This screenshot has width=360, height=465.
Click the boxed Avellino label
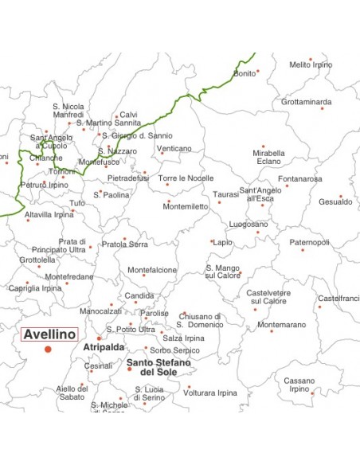pyautogui.click(x=49, y=334)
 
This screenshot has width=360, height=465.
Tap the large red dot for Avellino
pyautogui.click(x=48, y=350)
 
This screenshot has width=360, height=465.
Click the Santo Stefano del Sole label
pyautogui.click(x=158, y=367)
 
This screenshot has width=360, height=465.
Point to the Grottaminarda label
pyautogui.click(x=306, y=102)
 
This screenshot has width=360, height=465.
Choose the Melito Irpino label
pyautogui.click(x=311, y=64)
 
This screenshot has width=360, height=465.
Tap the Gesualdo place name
pyautogui.click(x=335, y=202)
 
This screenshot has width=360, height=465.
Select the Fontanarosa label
pyautogui.click(x=301, y=179)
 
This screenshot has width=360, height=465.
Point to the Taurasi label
pyautogui.click(x=225, y=194)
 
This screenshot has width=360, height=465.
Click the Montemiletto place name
pyautogui.click(x=186, y=206)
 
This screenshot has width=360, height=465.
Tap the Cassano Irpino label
pyautogui.click(x=299, y=385)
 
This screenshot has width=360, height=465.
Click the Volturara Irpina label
pyautogui.click(x=210, y=393)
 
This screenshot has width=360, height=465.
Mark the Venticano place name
pyautogui.click(x=174, y=149)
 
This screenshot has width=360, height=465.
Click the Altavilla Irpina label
pyautogui.click(x=49, y=215)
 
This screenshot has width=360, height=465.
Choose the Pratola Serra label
pyautogui.click(x=124, y=244)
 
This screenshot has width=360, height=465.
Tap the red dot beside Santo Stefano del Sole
pyautogui.click(x=129, y=369)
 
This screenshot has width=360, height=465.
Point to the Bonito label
pyautogui.click(x=245, y=73)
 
